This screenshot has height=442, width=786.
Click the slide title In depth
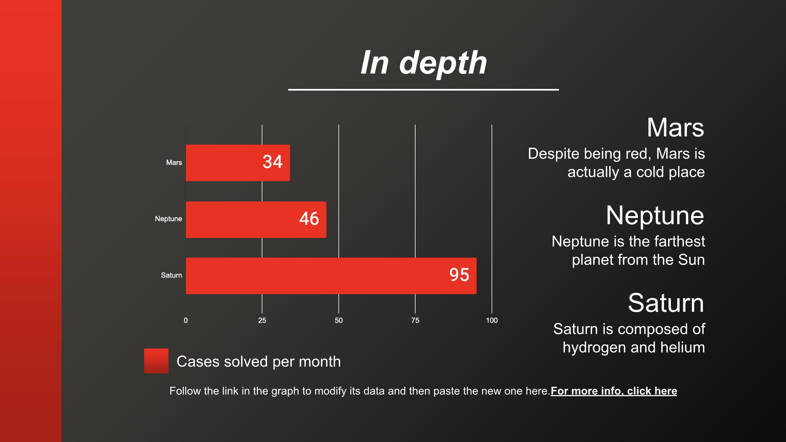pos(424,63)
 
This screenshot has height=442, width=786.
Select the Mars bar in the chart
pos(238,163)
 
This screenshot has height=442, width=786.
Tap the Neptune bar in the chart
pos(256,219)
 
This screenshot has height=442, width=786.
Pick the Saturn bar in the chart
pos(331,276)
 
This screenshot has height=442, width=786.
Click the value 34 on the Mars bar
pos(273,162)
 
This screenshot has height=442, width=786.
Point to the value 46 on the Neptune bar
pos(309,219)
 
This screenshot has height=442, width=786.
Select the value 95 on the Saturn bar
pos(459,275)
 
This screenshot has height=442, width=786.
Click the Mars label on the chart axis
pos(174,163)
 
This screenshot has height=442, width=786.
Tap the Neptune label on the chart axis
pos(168,219)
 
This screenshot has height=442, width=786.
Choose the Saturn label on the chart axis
pos(171,275)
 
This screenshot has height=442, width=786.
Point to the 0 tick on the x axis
pos(186,320)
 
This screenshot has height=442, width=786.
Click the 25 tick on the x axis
pos(262,320)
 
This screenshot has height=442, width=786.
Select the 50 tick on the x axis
pos(339,320)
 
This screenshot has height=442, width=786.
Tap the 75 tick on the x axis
pos(415,320)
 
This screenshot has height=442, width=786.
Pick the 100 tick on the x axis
pos(492,320)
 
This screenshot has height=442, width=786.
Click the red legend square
pos(156,361)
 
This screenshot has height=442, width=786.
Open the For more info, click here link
pos(614,391)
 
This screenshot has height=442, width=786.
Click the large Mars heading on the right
pos(675,128)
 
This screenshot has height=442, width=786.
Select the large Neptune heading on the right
pos(655,215)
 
